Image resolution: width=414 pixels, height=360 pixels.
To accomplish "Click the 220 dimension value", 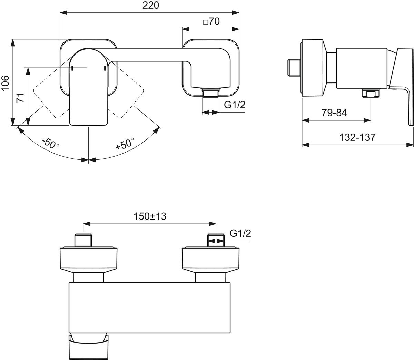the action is (151, 6).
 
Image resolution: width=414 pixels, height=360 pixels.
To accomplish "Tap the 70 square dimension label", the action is (211, 21).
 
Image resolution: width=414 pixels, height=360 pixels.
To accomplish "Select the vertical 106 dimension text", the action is (5, 83).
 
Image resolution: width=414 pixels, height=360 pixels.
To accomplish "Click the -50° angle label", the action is (51, 143).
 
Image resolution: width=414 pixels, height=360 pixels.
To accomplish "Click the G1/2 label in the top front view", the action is (235, 105).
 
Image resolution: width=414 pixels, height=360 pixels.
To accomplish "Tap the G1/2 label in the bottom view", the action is (240, 233).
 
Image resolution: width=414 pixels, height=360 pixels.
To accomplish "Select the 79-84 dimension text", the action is (334, 113).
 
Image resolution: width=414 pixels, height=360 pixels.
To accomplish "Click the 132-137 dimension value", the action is (357, 137).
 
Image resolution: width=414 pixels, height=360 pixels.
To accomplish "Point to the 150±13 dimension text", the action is (150, 216).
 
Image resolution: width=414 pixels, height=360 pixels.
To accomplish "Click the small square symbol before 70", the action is (206, 22).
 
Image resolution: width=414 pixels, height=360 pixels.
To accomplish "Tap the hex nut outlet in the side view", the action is (371, 94).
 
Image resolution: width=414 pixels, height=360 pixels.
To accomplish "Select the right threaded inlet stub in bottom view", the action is (216, 241).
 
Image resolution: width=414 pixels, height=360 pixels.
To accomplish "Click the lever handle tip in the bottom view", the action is (89, 348).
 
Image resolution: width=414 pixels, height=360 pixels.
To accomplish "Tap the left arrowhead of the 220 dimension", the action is (63, 12).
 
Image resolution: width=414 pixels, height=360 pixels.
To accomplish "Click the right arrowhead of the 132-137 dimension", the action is (410, 145).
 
